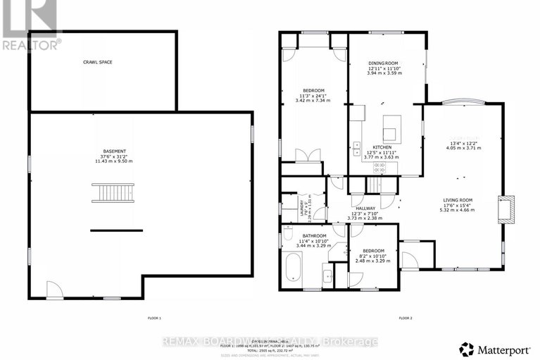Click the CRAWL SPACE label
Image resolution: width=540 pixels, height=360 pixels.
tap(97, 62)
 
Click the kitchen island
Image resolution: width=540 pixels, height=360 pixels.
tap(390, 131)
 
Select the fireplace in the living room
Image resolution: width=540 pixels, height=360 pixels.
tap(508, 209)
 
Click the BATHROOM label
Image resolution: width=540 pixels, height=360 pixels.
tap(314, 235)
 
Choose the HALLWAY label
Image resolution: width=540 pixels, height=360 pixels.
tap(365, 209)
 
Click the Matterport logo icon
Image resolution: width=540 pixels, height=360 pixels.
tap(465, 347)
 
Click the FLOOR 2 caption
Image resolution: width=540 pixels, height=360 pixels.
tap(406, 318)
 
